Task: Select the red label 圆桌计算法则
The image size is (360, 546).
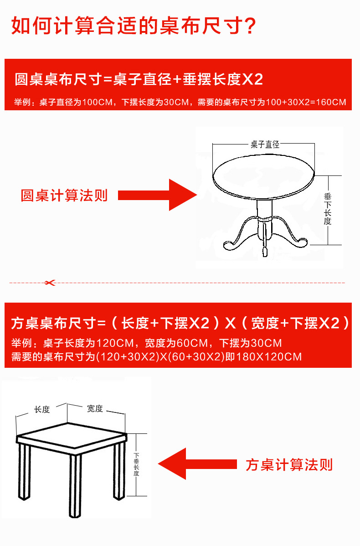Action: point(64,196)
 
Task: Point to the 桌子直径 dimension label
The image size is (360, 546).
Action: point(265,144)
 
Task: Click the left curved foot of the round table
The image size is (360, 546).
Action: point(230,245)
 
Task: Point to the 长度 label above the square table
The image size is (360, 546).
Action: point(42,409)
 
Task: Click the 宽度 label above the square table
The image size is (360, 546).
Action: point(95,408)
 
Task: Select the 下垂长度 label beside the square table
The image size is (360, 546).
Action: point(136,464)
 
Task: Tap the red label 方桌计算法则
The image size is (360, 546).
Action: point(289,465)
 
